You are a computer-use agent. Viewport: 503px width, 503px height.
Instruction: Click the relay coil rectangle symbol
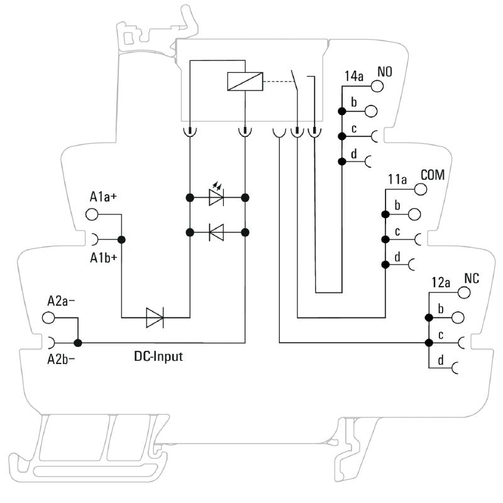243,82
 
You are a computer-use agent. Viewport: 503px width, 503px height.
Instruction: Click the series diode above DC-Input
155,318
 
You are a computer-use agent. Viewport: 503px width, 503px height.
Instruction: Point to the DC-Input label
158,357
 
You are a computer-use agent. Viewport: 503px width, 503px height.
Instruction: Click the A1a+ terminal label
104,197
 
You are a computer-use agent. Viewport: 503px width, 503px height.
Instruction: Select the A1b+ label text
104,257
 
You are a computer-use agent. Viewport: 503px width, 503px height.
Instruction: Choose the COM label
433,174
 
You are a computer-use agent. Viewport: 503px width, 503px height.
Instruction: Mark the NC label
472,278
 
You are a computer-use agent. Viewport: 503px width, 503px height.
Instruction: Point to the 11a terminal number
397,180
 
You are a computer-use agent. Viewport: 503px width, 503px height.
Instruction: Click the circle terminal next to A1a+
92,214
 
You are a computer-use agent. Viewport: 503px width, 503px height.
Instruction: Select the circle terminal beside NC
465,293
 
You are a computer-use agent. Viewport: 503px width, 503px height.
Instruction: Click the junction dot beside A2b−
78,343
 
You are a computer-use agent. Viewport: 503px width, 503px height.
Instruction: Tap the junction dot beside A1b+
121,239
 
